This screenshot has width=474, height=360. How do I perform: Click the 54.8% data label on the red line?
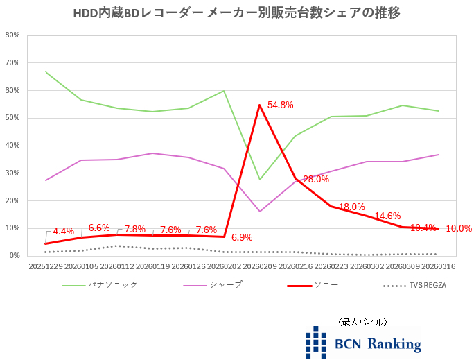281,105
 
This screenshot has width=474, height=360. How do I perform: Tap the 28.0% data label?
315,179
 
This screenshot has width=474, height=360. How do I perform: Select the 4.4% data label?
63,231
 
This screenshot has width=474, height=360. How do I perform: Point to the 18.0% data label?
351,207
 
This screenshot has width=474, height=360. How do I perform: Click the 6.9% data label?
242,237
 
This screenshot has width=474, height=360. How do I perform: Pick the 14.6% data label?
387,216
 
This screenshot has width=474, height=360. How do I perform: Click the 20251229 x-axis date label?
45,266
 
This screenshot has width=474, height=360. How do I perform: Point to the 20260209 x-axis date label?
260,266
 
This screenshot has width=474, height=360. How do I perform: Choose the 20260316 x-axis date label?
439,266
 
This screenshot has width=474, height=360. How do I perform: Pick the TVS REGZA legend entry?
428,285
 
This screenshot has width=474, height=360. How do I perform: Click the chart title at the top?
236,13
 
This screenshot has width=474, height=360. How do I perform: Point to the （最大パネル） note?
362,322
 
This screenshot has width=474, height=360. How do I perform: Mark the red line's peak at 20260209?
260,105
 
